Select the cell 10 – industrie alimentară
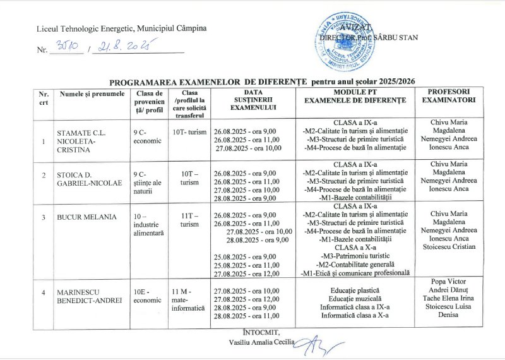(148, 225)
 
